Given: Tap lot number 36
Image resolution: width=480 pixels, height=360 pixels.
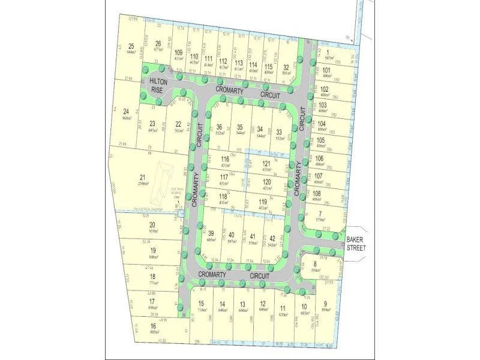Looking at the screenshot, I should (220, 127).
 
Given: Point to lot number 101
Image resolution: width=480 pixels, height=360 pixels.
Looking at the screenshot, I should (326, 70).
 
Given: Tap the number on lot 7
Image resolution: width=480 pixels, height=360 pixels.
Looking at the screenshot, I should (321, 215).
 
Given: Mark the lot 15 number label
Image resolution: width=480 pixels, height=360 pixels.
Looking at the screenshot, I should (202, 304).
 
